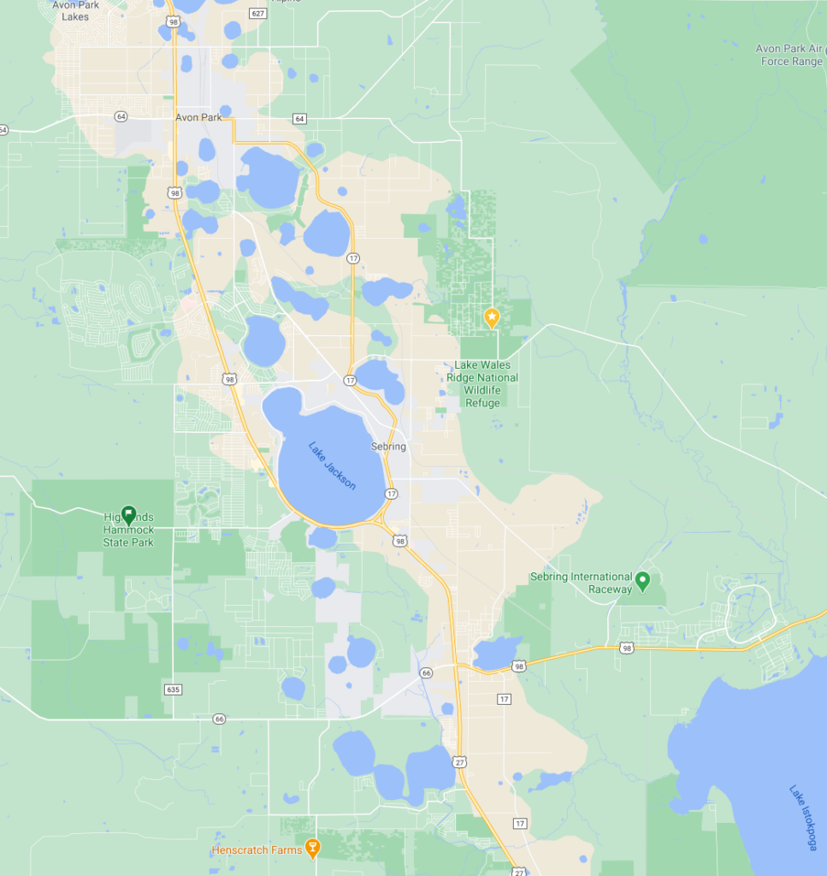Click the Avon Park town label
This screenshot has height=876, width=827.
[x=198, y=118]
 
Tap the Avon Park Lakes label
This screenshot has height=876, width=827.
[x=75, y=10]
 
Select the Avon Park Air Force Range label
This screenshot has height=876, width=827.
[x=789, y=55]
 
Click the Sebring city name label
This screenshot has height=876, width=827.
[x=388, y=447]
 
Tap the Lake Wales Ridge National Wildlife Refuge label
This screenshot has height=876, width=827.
[x=482, y=383]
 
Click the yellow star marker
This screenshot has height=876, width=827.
[x=492, y=317]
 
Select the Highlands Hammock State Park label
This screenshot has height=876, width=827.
[x=128, y=530]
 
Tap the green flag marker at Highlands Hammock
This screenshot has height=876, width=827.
[x=128, y=514]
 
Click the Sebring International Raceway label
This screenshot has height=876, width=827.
[x=582, y=583]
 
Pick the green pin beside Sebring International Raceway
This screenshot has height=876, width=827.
[x=644, y=582]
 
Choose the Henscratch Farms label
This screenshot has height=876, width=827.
[x=257, y=850]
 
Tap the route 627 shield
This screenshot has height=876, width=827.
[x=258, y=13]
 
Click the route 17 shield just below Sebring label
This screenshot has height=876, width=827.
[x=391, y=494]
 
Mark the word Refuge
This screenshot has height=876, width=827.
[x=482, y=403]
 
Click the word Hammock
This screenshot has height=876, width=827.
[x=128, y=530]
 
